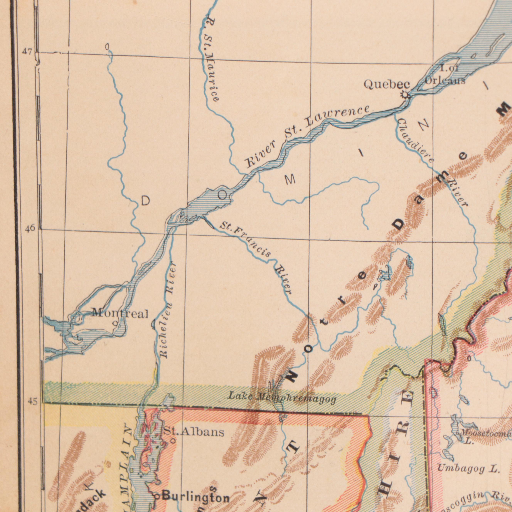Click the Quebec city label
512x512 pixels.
tap(387, 85)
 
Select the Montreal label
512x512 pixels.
tap(120, 314)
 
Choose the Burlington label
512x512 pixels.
tap(196, 497)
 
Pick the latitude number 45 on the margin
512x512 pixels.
tap(33, 402)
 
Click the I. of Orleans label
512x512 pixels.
tap(445, 75)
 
